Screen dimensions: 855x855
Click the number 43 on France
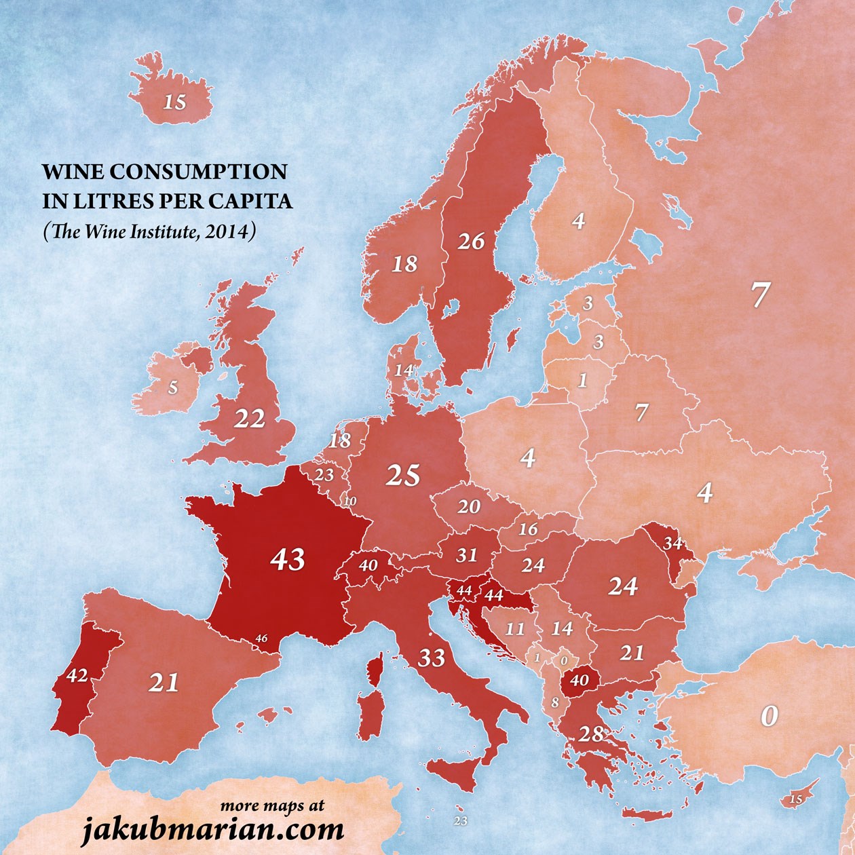288,560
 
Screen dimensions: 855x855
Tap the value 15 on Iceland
174,102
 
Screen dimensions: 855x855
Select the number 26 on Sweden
471,241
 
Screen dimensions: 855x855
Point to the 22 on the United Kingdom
249,419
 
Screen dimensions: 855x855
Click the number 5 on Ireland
173,387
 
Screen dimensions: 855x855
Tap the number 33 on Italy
431,657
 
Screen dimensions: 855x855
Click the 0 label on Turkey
768,717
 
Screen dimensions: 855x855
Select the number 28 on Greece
590,734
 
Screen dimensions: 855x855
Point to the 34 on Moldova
673,543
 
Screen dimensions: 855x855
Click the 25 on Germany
403,476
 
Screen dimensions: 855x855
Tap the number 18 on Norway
404,263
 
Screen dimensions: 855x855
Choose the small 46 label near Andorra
262,639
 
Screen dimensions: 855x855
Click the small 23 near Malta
461,821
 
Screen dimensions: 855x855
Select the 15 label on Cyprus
796,799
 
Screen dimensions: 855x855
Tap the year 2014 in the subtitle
231,232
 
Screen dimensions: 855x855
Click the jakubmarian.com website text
213,829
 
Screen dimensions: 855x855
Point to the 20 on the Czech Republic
469,506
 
